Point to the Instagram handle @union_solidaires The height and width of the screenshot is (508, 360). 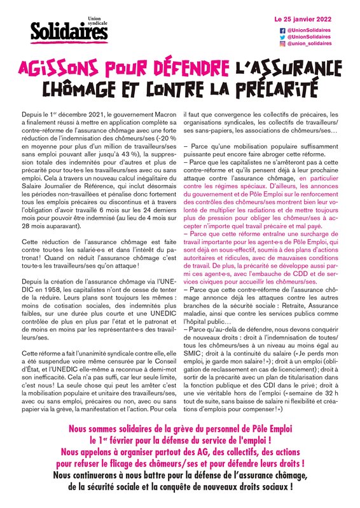(308, 45)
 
